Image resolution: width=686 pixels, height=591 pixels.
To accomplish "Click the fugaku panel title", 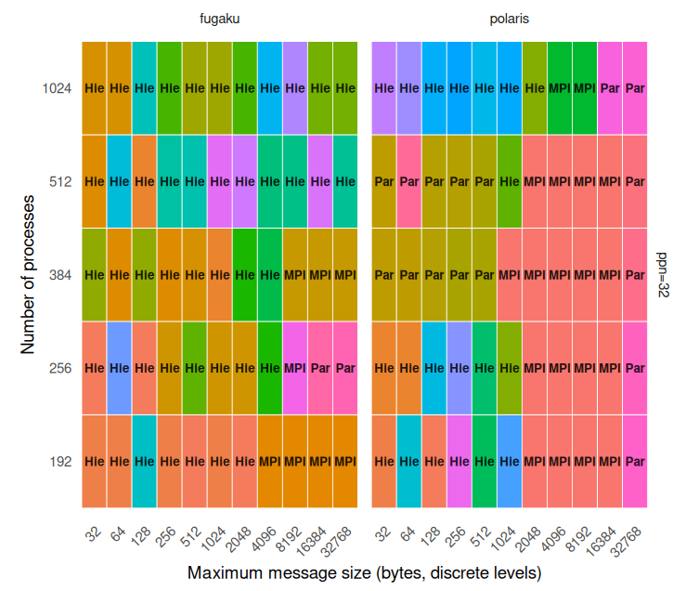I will (x=219, y=19).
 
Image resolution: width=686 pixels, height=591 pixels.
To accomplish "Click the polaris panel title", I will (x=510, y=19).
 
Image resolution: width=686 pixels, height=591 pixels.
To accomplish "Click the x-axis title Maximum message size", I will (x=364, y=572).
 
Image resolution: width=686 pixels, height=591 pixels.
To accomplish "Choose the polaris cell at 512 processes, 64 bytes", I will (x=409, y=182).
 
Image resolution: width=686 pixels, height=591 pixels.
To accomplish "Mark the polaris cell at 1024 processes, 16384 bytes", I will (x=610, y=89).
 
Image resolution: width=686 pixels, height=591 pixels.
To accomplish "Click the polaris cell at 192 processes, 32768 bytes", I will (x=635, y=462).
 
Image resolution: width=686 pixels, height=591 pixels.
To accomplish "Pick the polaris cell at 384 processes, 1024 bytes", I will (x=510, y=275).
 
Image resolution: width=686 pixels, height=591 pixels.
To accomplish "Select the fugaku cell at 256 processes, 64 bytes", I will (x=120, y=368).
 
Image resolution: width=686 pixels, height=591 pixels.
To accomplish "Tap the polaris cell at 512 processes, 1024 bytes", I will (x=510, y=182).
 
